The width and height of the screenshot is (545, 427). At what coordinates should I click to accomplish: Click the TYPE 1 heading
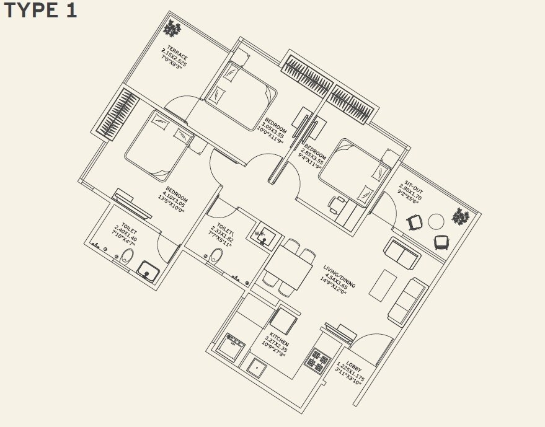click(41, 11)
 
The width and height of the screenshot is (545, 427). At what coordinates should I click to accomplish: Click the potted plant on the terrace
click(173, 28)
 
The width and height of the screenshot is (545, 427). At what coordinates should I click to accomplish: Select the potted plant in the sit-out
click(460, 218)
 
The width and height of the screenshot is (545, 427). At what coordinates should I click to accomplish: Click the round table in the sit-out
click(436, 221)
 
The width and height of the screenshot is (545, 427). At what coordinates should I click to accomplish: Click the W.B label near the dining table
click(259, 234)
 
